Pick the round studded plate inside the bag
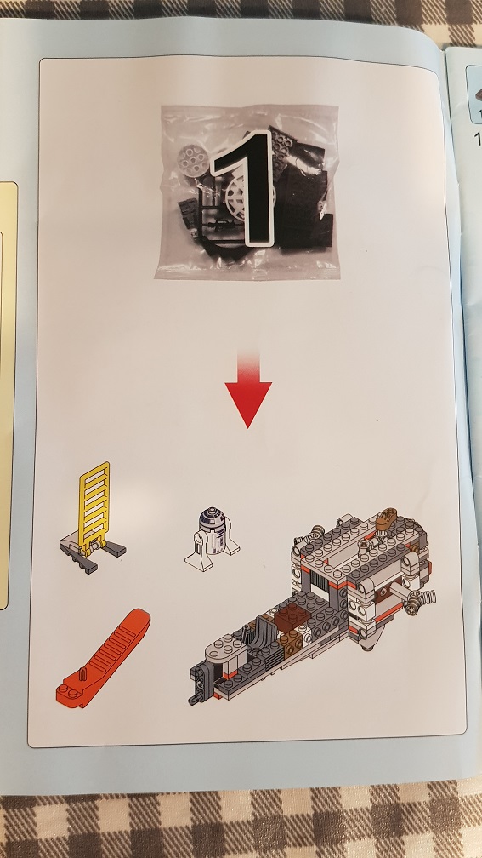191,158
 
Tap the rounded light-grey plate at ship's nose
226,648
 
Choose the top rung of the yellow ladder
95,470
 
